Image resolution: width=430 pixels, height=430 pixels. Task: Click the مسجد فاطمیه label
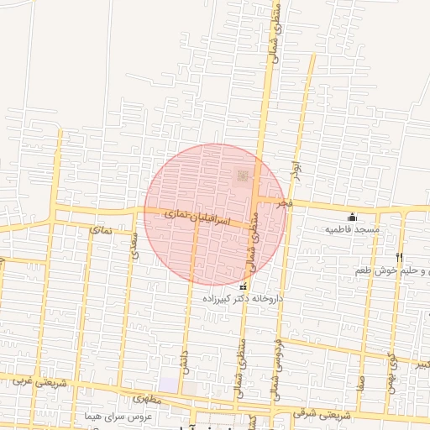tap(354, 228)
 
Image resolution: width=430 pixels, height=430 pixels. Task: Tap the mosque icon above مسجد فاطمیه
tap(352, 217)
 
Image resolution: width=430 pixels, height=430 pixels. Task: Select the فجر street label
tap(287, 204)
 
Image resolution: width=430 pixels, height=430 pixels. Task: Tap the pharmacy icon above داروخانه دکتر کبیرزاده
tap(244, 286)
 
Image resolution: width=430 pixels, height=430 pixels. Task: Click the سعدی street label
tap(134, 244)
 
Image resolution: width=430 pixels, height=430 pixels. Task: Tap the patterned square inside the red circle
tap(243, 176)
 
